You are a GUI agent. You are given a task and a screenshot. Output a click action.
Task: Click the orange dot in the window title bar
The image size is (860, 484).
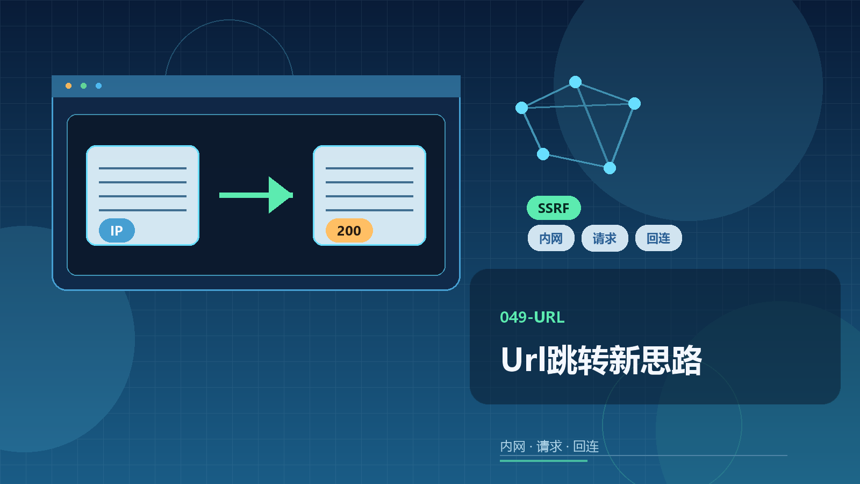68,86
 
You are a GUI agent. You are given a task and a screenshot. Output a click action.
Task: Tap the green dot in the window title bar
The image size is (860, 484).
83,86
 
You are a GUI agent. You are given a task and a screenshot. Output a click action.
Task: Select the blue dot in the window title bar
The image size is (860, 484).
99,86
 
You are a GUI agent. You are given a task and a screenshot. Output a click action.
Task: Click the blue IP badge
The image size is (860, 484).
117,231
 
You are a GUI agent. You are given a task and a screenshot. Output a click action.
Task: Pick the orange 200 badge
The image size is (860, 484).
349,231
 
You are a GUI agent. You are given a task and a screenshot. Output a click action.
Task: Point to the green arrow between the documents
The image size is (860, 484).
256,195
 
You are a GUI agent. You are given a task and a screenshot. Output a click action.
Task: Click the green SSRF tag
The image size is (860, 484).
554,208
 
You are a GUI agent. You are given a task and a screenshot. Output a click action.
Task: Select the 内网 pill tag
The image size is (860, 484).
551,238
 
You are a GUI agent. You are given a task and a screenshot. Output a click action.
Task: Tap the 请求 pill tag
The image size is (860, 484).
605,238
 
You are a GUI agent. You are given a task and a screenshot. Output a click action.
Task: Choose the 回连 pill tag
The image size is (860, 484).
658,238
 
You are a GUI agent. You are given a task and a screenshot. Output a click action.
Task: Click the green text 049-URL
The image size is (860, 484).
532,317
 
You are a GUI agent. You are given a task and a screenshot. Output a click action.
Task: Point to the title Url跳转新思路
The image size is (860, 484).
601,360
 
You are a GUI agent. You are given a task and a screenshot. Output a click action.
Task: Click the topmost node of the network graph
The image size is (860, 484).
575,82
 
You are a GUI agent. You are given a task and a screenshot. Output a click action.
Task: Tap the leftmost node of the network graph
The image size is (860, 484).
521,108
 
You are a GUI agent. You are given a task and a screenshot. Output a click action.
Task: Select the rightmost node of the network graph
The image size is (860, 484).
634,103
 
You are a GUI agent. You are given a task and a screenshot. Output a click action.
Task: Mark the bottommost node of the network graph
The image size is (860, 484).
610,168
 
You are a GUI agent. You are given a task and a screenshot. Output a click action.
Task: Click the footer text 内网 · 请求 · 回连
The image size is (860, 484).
549,446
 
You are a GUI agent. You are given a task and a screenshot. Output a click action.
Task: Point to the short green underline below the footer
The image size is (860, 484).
543,460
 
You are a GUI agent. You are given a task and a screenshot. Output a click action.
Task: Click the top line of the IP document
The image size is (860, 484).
142,168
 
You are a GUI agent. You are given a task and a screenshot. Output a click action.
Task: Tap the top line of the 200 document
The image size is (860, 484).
369,168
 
